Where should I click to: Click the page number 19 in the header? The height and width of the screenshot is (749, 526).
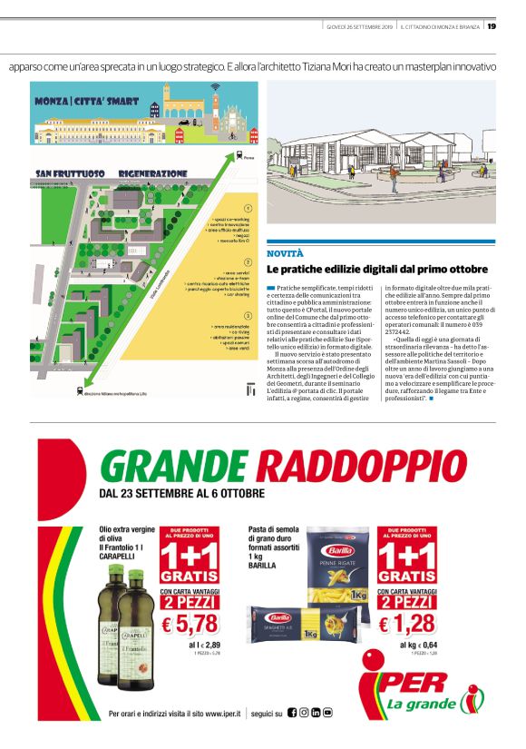pos(491,25)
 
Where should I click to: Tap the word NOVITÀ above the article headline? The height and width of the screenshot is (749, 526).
pos(285,252)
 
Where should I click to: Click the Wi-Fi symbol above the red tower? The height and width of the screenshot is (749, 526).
pos(215,88)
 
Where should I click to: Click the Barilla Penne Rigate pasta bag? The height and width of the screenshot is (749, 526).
pos(338,570)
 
